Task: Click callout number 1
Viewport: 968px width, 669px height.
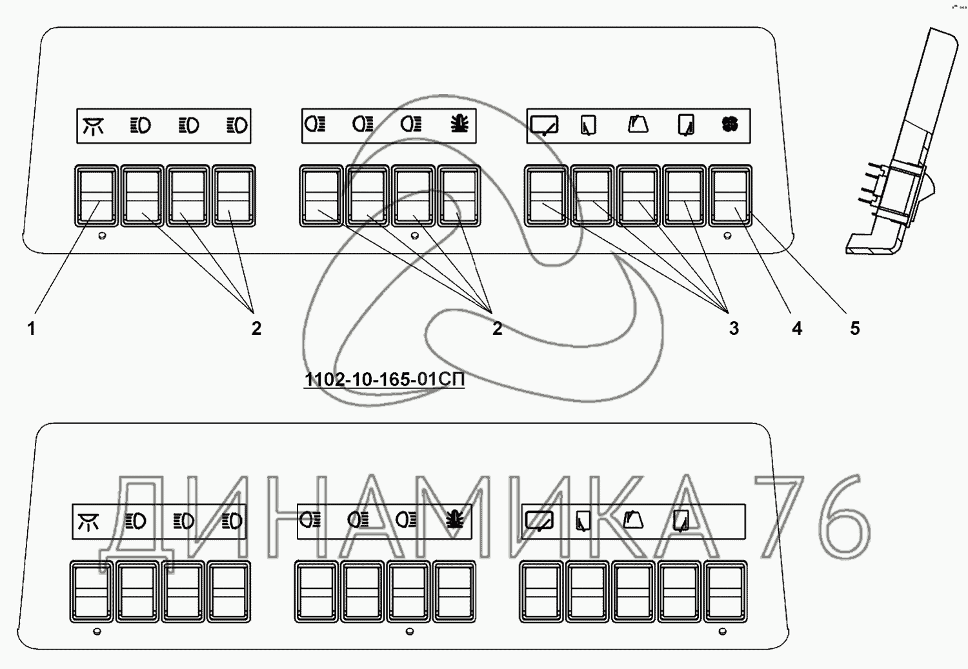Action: point(31,328)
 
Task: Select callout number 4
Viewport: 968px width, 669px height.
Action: point(797,328)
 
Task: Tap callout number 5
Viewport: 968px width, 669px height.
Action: point(854,328)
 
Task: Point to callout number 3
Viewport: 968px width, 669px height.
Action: point(734,328)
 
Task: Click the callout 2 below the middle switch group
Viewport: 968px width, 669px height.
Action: point(497,328)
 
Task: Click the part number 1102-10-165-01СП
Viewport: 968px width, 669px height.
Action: point(384,379)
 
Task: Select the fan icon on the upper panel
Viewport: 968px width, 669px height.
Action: point(730,125)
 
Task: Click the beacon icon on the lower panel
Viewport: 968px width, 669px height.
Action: point(455,519)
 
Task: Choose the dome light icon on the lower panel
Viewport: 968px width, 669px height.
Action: point(88,521)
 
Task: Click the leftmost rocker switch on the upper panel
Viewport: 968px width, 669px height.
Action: point(97,195)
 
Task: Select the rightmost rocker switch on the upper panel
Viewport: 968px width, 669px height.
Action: point(731,195)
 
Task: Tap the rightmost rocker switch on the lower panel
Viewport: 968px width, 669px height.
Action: point(725,592)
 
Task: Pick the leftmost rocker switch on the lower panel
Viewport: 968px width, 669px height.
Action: point(91,592)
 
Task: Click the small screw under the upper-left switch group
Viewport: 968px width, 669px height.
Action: point(102,236)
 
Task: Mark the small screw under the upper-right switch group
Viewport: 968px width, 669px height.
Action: point(728,236)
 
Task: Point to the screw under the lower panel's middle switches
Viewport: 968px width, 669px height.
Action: point(410,632)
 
